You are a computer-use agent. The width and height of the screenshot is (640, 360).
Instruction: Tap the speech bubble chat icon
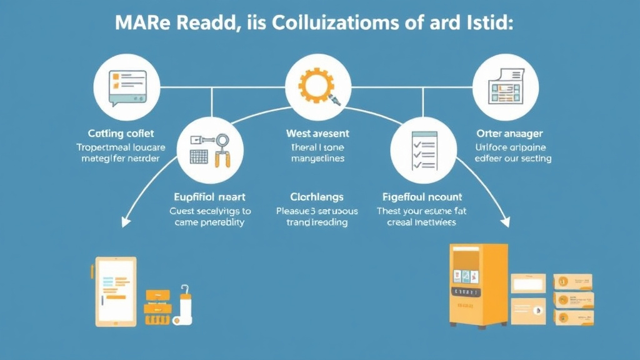tap(121, 86)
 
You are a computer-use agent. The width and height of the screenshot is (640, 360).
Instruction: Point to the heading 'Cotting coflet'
tap(121, 133)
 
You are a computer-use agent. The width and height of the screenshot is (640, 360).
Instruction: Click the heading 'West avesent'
tap(317, 133)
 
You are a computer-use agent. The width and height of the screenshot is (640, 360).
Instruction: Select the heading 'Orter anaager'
tap(509, 133)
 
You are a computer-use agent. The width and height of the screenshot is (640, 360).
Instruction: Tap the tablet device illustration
tap(116, 291)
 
